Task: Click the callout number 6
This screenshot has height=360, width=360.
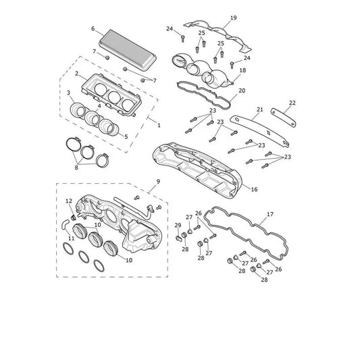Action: (93, 28)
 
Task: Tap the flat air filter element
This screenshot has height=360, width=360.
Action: (128, 50)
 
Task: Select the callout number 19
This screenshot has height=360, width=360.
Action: (233, 18)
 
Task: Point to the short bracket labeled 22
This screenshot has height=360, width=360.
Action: (283, 118)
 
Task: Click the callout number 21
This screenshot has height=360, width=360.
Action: (259, 109)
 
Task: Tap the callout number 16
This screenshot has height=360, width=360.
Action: (254, 189)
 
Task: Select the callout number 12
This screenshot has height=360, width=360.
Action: (69, 201)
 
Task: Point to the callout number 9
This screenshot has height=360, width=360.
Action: (158, 182)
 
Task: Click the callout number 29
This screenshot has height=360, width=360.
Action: (178, 225)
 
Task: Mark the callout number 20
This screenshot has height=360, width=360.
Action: (242, 91)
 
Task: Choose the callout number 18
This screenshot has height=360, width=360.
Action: (242, 70)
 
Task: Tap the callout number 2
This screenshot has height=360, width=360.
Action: (77, 74)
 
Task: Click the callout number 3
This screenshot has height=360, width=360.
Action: (68, 93)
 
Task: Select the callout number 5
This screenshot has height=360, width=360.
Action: (126, 136)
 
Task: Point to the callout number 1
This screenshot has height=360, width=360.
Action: (159, 126)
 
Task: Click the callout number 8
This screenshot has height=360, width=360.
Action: (76, 168)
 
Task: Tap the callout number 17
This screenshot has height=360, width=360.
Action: (270, 214)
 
